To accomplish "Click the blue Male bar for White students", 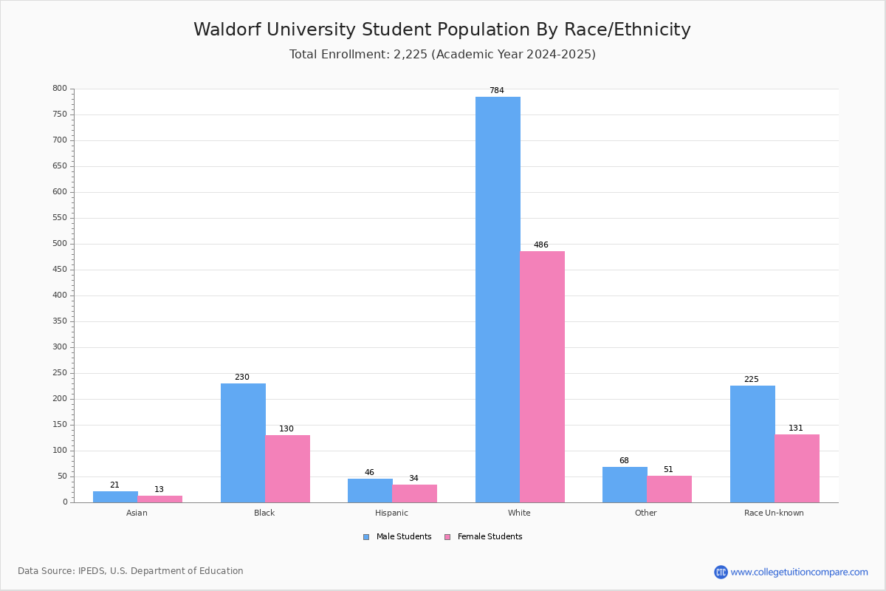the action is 498,300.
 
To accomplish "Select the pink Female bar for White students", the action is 542,377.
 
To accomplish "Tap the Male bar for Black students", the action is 243,443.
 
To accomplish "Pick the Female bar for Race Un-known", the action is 797,468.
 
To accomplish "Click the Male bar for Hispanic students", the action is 370,491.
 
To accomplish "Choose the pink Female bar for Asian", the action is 159,499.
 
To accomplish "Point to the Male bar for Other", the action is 625,485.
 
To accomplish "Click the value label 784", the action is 497,90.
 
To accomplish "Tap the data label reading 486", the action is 541,245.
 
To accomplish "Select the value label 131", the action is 796,428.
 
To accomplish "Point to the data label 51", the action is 668,469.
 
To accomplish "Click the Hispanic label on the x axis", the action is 391,513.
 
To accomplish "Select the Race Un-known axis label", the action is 774,513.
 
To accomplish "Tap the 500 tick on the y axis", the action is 60,244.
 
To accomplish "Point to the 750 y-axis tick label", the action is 60,114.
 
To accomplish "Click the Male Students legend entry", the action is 397,536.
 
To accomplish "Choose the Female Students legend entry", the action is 484,536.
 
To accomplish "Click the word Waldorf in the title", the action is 227,30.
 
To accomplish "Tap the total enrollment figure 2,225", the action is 411,54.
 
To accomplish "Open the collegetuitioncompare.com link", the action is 791,572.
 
